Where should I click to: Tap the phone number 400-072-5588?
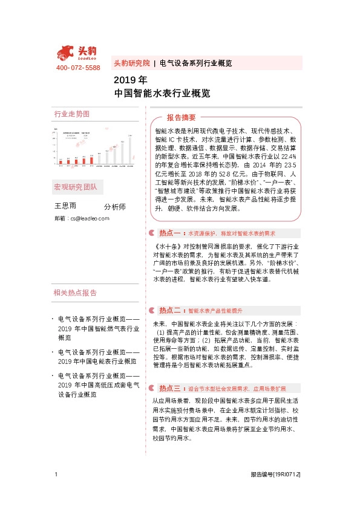(x=78, y=68)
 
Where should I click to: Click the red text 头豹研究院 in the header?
(x=131, y=63)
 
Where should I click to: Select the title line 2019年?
(x=130, y=80)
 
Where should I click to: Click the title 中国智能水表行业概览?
(x=162, y=94)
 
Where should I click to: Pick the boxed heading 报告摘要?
(x=181, y=117)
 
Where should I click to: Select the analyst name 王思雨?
(x=65, y=206)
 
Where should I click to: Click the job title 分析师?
(x=115, y=207)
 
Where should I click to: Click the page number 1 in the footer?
(x=56, y=475)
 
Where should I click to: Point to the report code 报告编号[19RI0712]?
(x=275, y=475)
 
